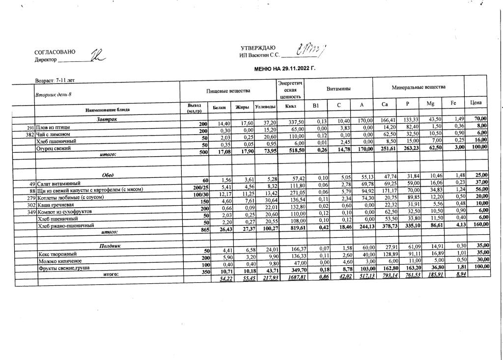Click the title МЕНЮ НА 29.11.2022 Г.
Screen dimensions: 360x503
tap(284, 68)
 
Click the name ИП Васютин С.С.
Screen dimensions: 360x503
tap(259, 55)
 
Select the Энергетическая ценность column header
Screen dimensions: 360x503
tap(289, 90)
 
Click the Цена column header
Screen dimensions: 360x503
tap(475, 103)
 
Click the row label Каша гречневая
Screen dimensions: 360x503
tap(56, 204)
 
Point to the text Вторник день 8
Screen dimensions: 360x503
tap(54, 94)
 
